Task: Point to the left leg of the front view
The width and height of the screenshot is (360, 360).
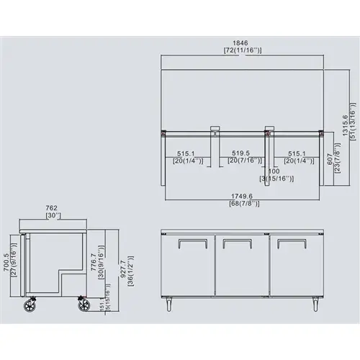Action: [169, 304]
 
